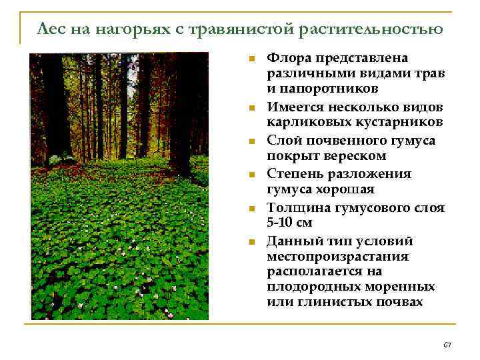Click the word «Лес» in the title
click(x=51, y=29)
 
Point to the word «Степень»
click(x=293, y=173)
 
